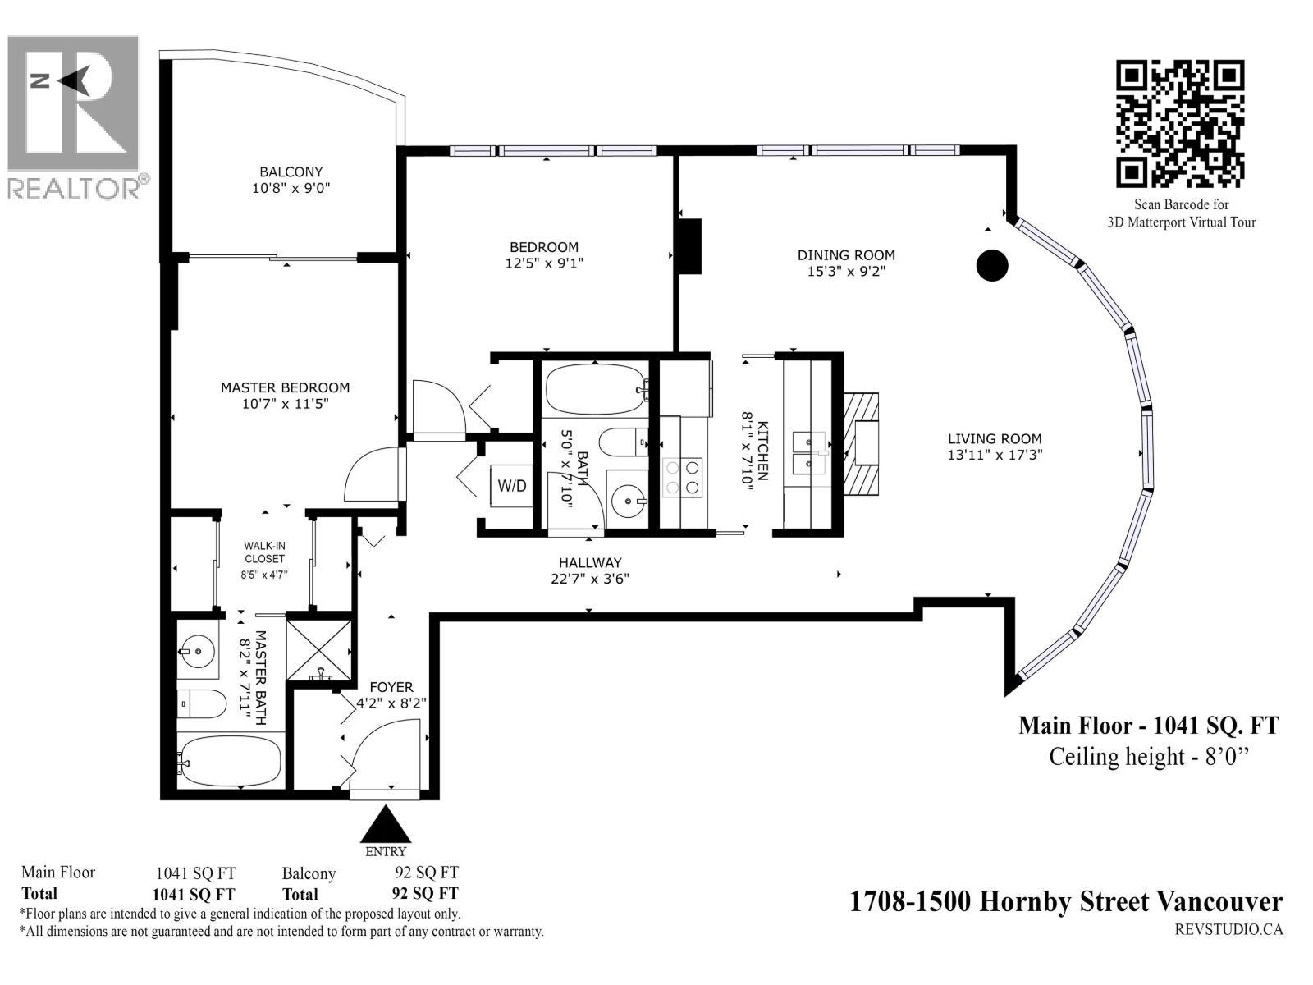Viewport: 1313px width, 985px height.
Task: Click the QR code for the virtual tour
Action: (x=1180, y=123)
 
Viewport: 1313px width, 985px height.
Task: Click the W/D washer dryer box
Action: (x=512, y=485)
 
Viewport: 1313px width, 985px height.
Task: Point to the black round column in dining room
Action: (x=991, y=265)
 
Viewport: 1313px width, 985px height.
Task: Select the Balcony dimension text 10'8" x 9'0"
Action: (x=291, y=188)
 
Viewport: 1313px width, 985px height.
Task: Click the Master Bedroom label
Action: (x=285, y=387)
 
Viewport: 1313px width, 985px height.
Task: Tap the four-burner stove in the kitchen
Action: (x=683, y=477)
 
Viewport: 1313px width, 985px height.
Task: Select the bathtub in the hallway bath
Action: (x=594, y=391)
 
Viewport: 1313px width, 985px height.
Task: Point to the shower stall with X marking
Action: (x=319, y=648)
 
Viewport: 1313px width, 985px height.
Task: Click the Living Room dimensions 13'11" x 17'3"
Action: (x=995, y=455)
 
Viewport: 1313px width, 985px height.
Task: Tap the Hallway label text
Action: (x=590, y=563)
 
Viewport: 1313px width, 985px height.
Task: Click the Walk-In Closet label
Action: (x=264, y=552)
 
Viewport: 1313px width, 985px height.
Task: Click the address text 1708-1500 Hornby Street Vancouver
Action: (x=1064, y=902)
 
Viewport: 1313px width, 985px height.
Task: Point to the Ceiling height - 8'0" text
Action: (x=1148, y=756)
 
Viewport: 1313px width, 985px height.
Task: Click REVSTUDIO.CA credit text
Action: (x=1228, y=929)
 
